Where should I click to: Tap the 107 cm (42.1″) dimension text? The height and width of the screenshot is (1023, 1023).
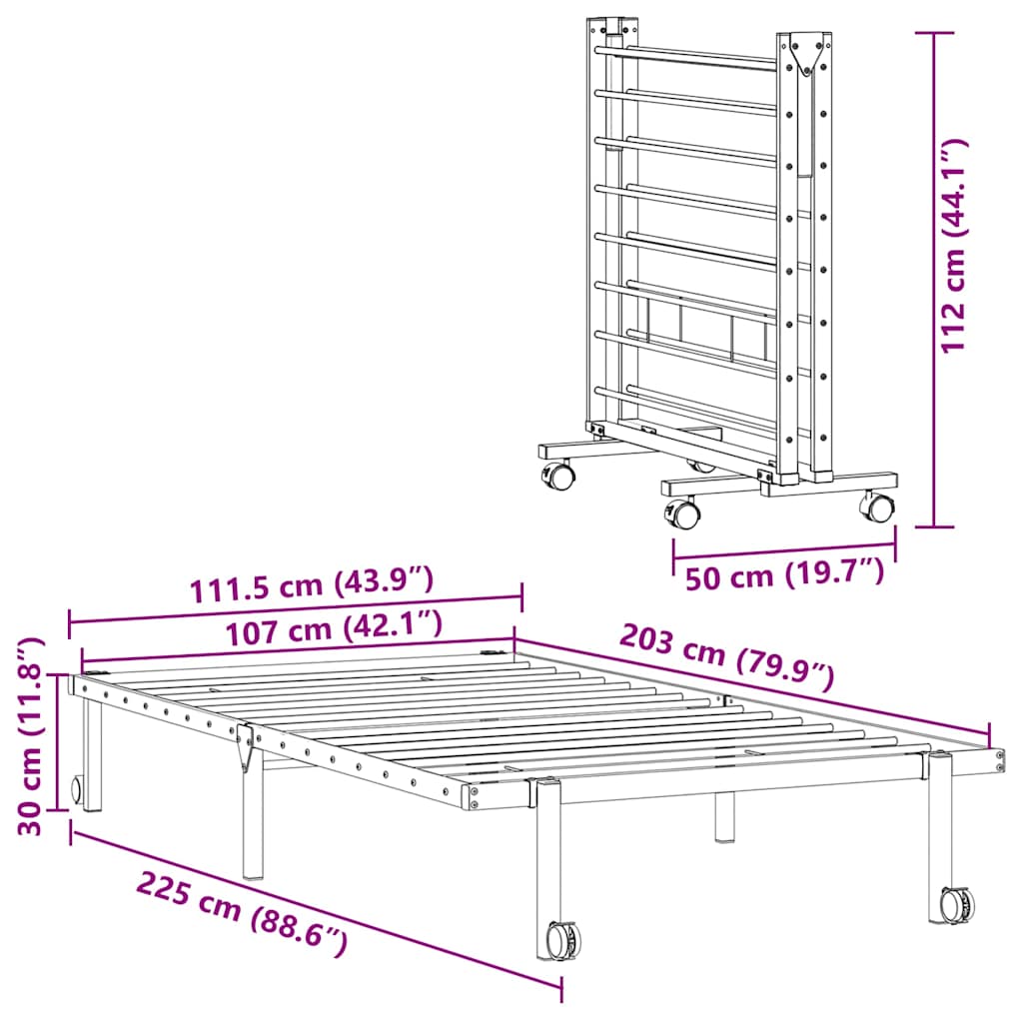[333, 626]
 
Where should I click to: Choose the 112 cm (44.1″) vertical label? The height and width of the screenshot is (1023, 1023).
[953, 245]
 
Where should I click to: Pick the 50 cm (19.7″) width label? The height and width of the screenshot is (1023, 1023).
[784, 575]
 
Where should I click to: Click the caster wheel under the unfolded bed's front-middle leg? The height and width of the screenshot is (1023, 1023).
[563, 939]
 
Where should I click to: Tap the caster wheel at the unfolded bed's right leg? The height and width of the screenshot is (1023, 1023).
[957, 903]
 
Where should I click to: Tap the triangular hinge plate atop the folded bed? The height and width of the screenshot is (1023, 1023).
[804, 54]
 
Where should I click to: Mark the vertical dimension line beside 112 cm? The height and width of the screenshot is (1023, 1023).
[934, 280]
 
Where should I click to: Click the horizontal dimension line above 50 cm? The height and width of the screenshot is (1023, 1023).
[784, 551]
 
